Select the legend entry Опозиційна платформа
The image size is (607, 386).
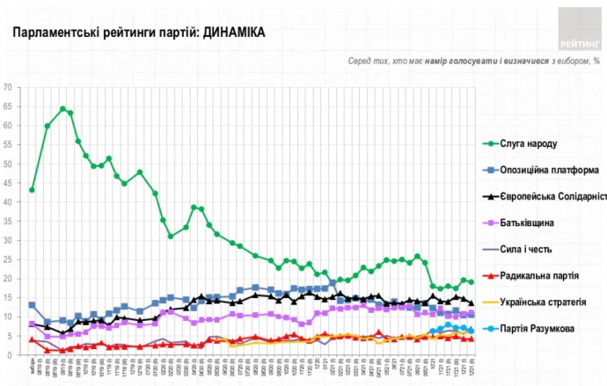pos(550,170)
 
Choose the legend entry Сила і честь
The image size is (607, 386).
pos(527,249)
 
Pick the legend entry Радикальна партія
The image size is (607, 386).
pos(538,275)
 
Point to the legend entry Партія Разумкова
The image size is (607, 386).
pos(538,328)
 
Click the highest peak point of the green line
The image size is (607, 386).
pos(62,109)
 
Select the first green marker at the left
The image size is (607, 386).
pos(32,190)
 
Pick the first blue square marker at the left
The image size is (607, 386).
pos(32,305)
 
